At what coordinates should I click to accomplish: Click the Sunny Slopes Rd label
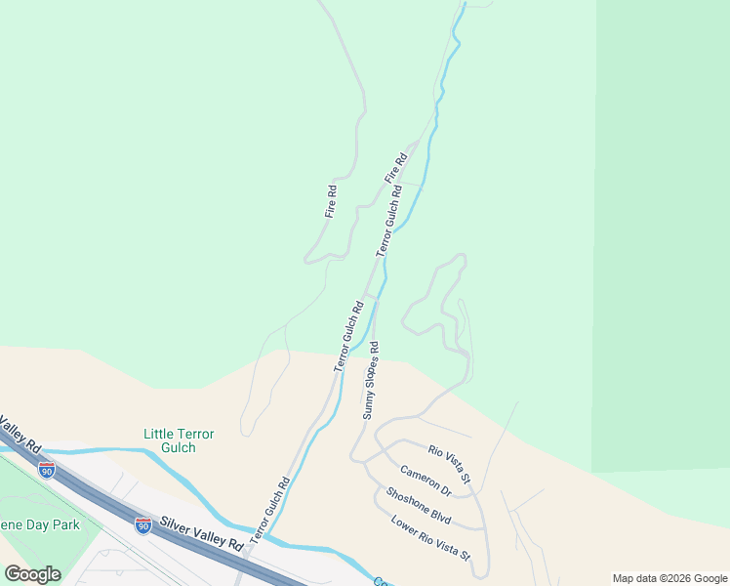(371, 380)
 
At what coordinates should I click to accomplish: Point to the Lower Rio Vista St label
(431, 537)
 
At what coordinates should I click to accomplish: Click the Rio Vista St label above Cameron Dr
(450, 463)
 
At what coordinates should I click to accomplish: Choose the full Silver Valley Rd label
(202, 534)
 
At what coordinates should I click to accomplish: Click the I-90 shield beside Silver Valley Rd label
(142, 526)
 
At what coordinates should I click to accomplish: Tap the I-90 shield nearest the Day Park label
(47, 470)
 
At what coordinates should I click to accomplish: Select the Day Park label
(39, 524)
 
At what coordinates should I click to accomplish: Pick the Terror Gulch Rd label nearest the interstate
(269, 510)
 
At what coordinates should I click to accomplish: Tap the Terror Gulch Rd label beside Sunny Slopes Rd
(348, 336)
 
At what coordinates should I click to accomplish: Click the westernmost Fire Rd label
(331, 201)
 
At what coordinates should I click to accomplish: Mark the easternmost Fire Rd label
(394, 168)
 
